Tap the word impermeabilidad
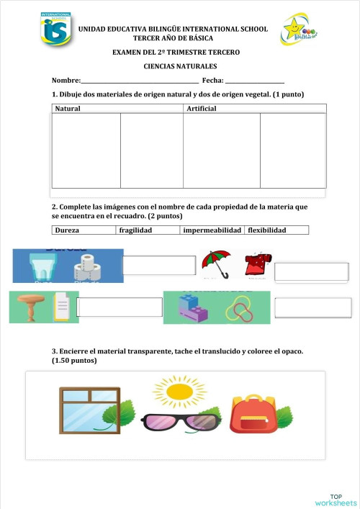tap(212, 230)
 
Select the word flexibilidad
tap(267, 230)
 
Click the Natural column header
tap(68, 109)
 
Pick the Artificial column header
tap(202, 109)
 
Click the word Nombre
tap(65, 81)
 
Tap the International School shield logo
tap(56, 29)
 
